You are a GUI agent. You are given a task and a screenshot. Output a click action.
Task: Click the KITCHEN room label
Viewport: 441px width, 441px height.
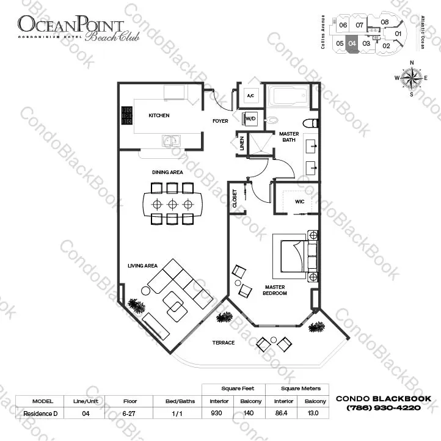click(x=159, y=115)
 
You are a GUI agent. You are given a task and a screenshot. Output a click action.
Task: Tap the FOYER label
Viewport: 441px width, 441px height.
click(x=220, y=121)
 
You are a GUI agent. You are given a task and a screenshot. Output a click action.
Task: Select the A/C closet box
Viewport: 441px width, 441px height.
click(x=250, y=96)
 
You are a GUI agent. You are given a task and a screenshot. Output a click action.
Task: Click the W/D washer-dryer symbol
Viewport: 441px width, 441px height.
click(x=250, y=118)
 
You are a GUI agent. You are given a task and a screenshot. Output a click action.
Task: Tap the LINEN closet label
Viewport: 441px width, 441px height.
click(x=242, y=144)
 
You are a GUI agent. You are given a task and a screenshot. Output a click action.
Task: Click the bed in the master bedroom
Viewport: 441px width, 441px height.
click(x=296, y=253)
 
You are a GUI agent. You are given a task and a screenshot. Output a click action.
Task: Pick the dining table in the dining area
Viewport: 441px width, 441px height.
click(x=172, y=204)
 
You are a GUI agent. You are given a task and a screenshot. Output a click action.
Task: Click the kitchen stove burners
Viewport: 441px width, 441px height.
click(x=127, y=115)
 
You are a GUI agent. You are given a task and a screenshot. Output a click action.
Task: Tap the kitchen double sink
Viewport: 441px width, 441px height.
click(x=170, y=141)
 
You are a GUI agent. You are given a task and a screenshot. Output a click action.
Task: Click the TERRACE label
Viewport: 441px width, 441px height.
click(x=224, y=343)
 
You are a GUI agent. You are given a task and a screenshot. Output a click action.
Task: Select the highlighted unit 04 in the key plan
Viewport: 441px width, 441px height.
click(x=352, y=44)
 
